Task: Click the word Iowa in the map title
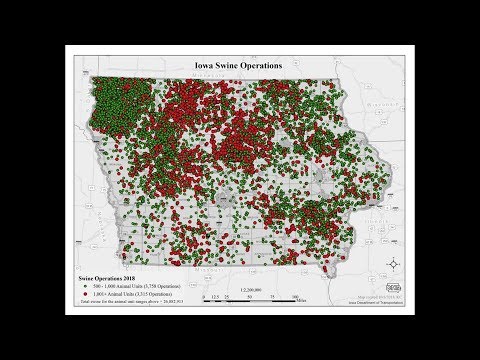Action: pyautogui.click(x=206, y=66)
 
